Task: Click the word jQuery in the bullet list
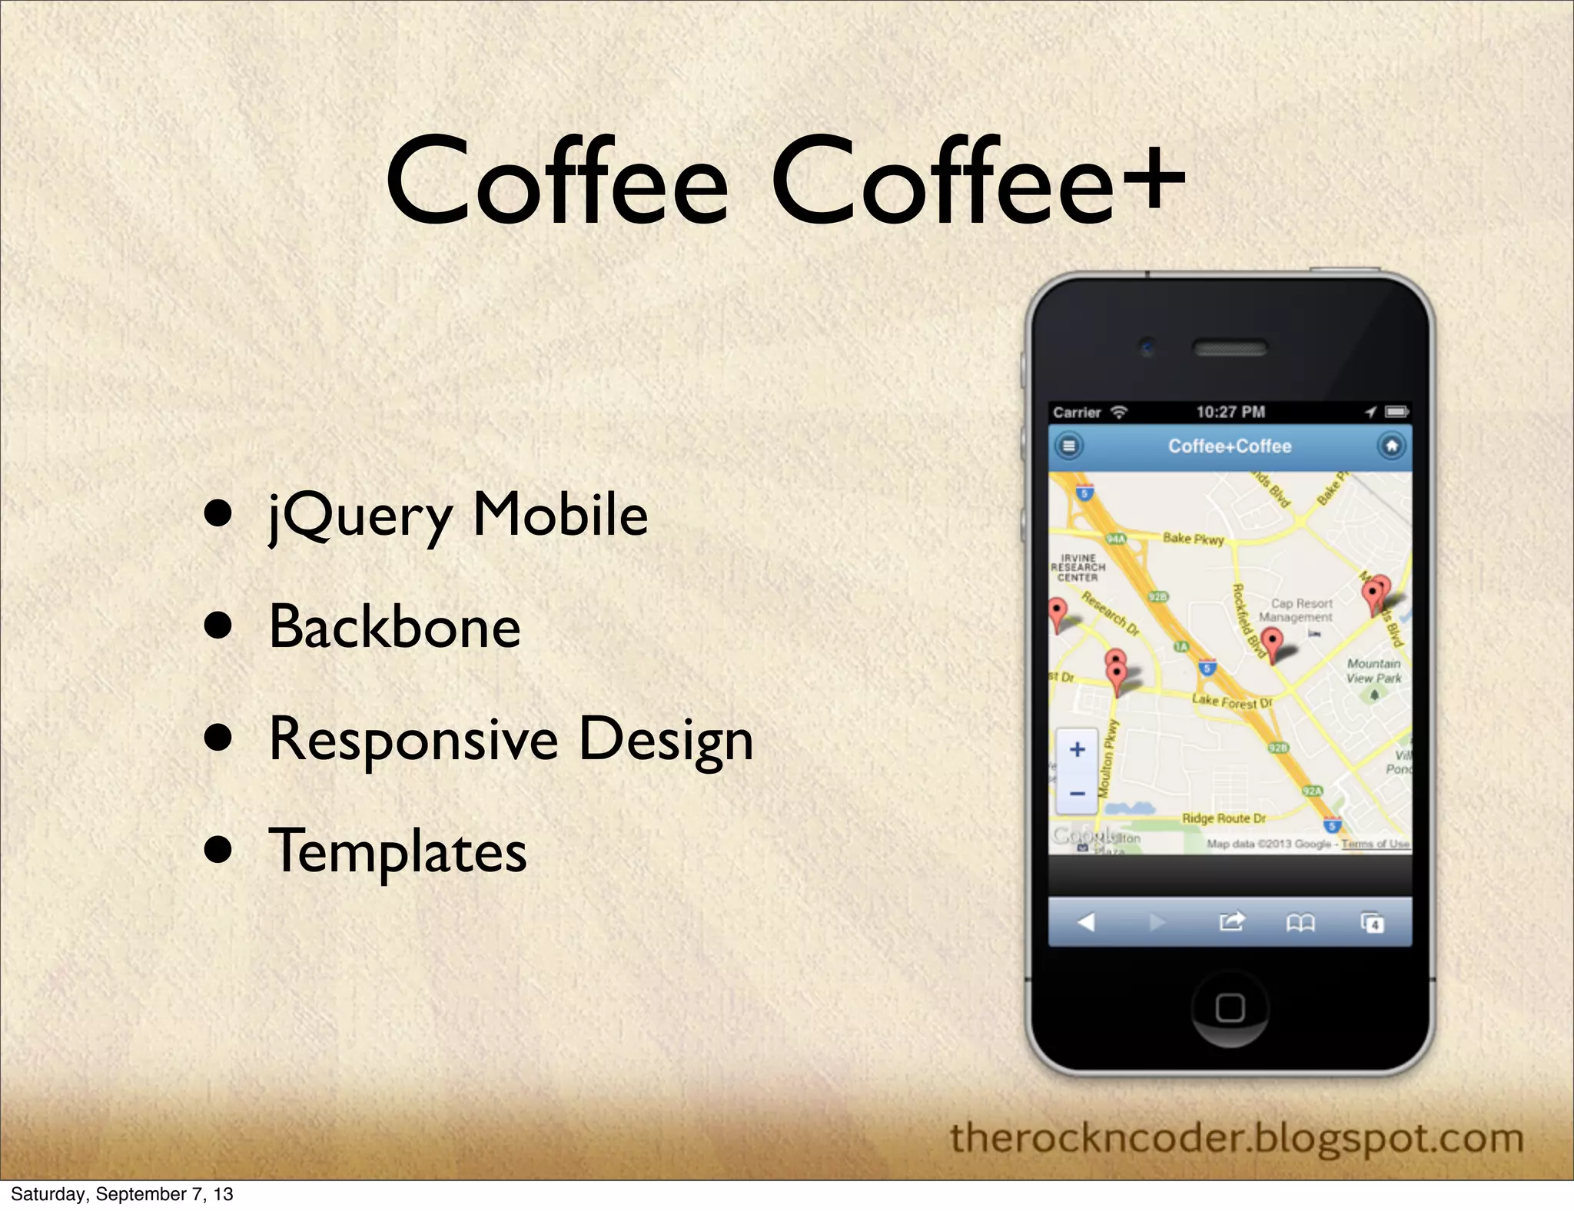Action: coord(360,516)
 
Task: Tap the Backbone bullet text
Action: coord(394,627)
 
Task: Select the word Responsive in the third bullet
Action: coord(413,739)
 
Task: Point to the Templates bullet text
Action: coord(397,851)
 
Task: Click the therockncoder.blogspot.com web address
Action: coord(1236,1138)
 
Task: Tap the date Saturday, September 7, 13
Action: coord(121,1194)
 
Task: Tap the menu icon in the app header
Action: coord(1068,446)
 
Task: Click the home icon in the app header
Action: coord(1391,446)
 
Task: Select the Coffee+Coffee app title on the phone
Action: coord(1230,446)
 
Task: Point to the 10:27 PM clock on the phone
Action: coord(1230,412)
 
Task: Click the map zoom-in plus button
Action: coord(1078,749)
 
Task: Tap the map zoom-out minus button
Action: coord(1078,793)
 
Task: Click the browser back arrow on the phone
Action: coord(1086,921)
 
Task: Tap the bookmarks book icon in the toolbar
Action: coord(1300,922)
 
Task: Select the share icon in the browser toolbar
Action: coord(1231,921)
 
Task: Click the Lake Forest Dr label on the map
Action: coord(1231,701)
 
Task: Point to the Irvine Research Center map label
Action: coord(1078,568)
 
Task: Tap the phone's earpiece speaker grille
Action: coord(1230,348)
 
